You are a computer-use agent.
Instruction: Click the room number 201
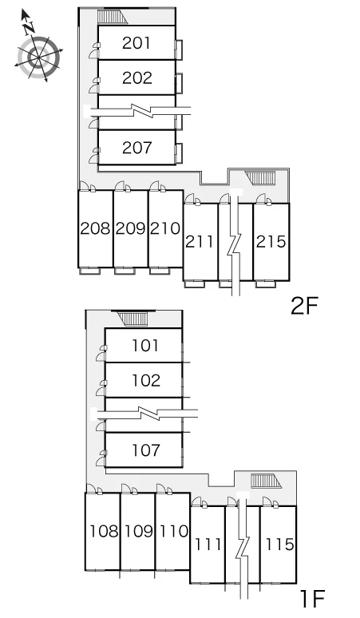pos(136,43)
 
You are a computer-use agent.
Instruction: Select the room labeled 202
pos(136,77)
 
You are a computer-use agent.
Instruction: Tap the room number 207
pos(136,148)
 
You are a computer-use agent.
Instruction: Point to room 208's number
pos(95,228)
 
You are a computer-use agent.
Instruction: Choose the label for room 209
pos(130,228)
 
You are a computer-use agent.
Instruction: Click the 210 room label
pos(165,228)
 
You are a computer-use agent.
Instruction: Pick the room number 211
pos(200,242)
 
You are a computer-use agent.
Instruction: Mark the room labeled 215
pos(271,242)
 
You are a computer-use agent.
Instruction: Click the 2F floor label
pos(304,306)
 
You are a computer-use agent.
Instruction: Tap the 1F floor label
pos(312,599)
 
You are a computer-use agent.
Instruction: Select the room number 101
pos(145,346)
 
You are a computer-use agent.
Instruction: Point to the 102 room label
pos(145,380)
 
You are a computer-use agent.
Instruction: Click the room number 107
pos(145,450)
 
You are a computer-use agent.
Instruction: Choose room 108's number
pos(104,531)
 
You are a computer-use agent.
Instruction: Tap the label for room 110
pos(174,531)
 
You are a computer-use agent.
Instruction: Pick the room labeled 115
pos(279,545)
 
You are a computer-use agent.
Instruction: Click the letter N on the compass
pos(29,28)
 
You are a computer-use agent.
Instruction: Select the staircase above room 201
pos(112,18)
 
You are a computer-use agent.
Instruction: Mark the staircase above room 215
pos(260,178)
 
